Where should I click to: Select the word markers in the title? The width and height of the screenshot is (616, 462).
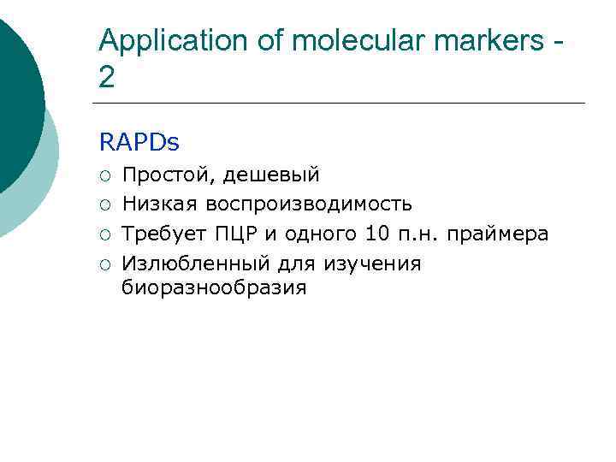[491, 40]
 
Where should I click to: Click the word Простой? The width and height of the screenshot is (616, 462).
[168, 175]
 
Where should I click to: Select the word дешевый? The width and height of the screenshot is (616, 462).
[272, 175]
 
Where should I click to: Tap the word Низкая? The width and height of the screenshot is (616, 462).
[160, 204]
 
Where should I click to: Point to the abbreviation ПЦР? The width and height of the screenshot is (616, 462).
[230, 234]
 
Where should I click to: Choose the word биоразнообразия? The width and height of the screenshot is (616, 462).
[214, 287]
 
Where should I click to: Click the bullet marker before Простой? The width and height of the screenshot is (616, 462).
[104, 176]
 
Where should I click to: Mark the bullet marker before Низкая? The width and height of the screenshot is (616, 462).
[104, 205]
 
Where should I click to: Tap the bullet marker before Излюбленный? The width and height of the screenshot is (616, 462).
[104, 264]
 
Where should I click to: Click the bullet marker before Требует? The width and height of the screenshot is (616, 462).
[104, 234]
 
